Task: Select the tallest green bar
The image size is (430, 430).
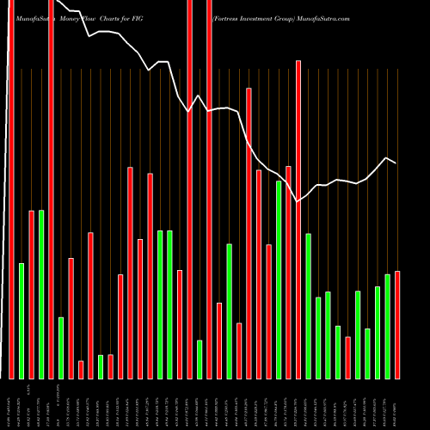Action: click(279, 279)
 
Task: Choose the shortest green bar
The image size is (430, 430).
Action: click(101, 367)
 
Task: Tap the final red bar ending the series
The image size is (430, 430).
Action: click(397, 324)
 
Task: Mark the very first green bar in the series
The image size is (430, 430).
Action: click(21, 320)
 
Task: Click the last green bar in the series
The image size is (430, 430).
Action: click(388, 326)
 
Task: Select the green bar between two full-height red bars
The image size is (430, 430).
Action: click(200, 359)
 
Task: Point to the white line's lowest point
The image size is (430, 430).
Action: click(298, 201)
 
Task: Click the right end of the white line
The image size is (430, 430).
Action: click(396, 163)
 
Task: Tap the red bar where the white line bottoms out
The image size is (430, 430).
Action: click(298, 219)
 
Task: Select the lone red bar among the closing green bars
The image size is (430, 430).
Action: click(348, 357)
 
